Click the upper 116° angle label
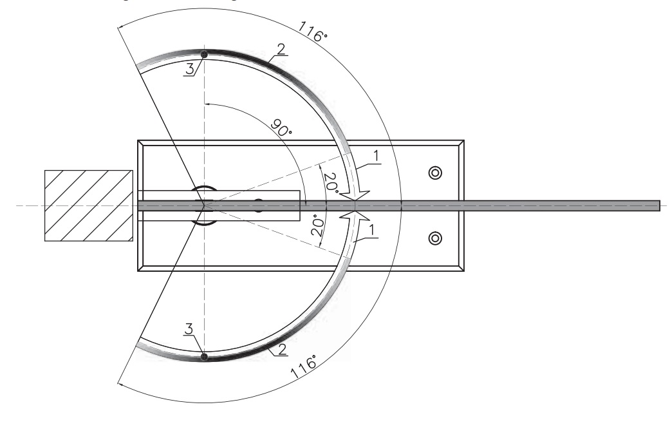pos(312,32)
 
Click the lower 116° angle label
pos(304,366)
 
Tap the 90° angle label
pos(281,128)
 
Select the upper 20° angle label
pos(331,182)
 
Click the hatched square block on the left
pos(89,205)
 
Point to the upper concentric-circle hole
pos(435,173)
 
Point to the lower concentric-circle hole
pos(435,238)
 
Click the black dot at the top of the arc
pos(204,55)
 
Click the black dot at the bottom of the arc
pos(204,356)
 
